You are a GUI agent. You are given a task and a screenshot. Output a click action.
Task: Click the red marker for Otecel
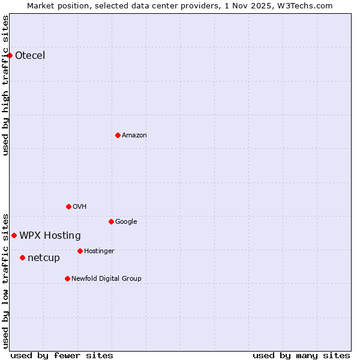click(10, 56)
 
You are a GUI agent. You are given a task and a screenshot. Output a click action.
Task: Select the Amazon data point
click(118, 135)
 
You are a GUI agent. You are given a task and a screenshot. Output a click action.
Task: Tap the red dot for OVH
click(68, 206)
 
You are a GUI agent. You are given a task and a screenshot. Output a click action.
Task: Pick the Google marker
click(111, 221)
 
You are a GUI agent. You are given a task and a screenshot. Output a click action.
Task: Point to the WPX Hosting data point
click(14, 235)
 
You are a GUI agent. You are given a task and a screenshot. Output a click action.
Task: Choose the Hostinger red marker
click(80, 251)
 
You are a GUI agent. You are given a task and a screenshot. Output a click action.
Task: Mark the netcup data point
click(23, 257)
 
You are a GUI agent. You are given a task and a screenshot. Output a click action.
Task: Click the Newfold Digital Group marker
click(67, 278)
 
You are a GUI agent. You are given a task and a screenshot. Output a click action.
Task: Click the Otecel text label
click(30, 56)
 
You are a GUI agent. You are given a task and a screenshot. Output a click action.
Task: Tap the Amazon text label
click(134, 135)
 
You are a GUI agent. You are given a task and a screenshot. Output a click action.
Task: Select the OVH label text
click(80, 206)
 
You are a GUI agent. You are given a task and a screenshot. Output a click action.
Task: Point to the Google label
click(126, 221)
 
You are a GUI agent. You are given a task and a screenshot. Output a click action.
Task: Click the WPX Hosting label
click(50, 235)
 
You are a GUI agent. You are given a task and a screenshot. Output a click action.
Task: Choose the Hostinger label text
click(99, 251)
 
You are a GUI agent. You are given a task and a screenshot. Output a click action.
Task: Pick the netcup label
click(44, 257)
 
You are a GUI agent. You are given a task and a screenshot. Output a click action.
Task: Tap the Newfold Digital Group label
click(106, 278)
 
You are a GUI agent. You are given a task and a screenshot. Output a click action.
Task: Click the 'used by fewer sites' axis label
click(62, 355)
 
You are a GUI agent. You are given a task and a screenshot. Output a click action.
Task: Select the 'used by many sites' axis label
click(301, 355)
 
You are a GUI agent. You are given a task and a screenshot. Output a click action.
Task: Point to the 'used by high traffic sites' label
click(5, 85)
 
